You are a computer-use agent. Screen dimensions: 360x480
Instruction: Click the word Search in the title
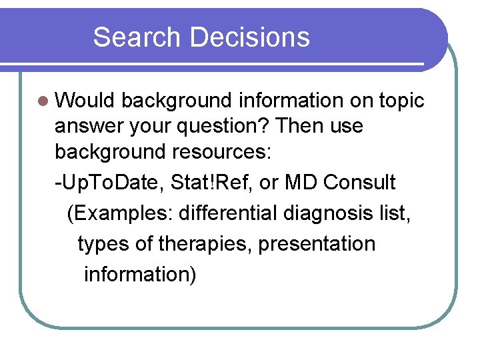click(x=137, y=37)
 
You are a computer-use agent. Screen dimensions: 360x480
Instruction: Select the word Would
click(x=85, y=101)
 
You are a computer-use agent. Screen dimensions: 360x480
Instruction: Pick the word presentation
click(x=317, y=244)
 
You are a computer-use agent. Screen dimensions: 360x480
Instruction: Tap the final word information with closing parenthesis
click(x=140, y=274)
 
